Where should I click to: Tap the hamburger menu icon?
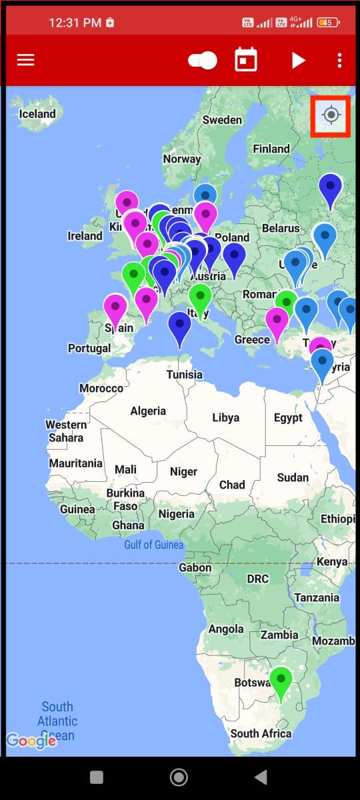coord(25,60)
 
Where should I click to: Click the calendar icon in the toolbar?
coord(246,60)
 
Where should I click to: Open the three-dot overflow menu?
coord(339,60)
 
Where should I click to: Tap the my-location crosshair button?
coord(331,115)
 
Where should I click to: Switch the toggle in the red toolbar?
coord(203,61)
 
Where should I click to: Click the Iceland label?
coord(37,114)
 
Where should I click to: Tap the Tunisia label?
coord(185,374)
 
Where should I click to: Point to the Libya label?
coord(225,418)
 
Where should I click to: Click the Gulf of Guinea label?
coord(154,545)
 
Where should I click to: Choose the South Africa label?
coord(261,733)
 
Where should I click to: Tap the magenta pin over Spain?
coord(115,308)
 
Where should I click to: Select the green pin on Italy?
coord(200,298)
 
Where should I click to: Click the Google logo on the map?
coord(31,741)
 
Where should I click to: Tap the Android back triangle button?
coord(261,777)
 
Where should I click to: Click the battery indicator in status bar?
coord(328,23)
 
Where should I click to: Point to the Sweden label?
coord(222,120)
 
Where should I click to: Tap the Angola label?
coord(226,629)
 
